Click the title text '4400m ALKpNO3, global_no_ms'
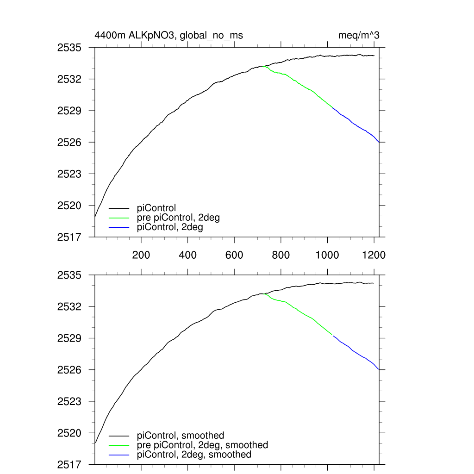[x=168, y=35]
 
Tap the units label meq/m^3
[x=360, y=35]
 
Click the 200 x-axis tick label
[x=141, y=255]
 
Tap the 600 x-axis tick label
[x=234, y=255]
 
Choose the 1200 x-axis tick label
[x=374, y=255]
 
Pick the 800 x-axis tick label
[x=281, y=255]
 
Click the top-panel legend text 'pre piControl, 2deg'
[x=178, y=218]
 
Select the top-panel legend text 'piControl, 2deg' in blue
[x=170, y=227]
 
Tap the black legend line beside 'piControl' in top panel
[x=119, y=209]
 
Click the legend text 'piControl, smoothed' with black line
[x=181, y=436]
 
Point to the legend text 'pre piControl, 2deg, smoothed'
[x=203, y=445]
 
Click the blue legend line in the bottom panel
[x=119, y=455]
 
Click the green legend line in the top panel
[x=119, y=218]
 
